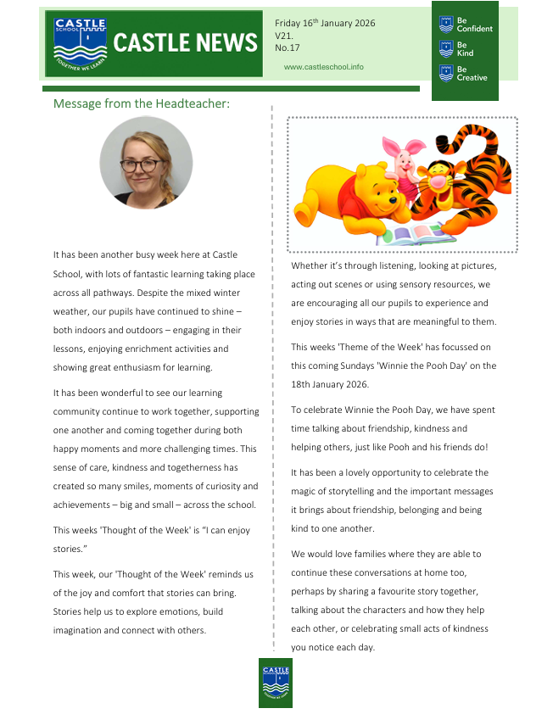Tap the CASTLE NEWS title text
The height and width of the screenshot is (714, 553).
(x=184, y=43)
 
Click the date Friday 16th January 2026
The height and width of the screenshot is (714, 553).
(x=325, y=23)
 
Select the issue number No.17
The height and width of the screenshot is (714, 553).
(x=287, y=48)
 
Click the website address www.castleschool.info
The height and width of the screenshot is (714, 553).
(x=323, y=66)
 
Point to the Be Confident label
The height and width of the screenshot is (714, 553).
(x=474, y=24)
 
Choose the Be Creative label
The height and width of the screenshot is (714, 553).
(x=472, y=73)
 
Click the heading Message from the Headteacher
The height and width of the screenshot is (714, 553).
(x=142, y=103)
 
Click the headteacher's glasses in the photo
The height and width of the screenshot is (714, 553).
(x=141, y=165)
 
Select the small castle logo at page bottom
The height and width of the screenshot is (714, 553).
(x=276, y=682)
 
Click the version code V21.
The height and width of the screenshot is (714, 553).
(x=284, y=36)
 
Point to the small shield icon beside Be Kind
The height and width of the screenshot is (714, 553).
(x=446, y=48)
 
